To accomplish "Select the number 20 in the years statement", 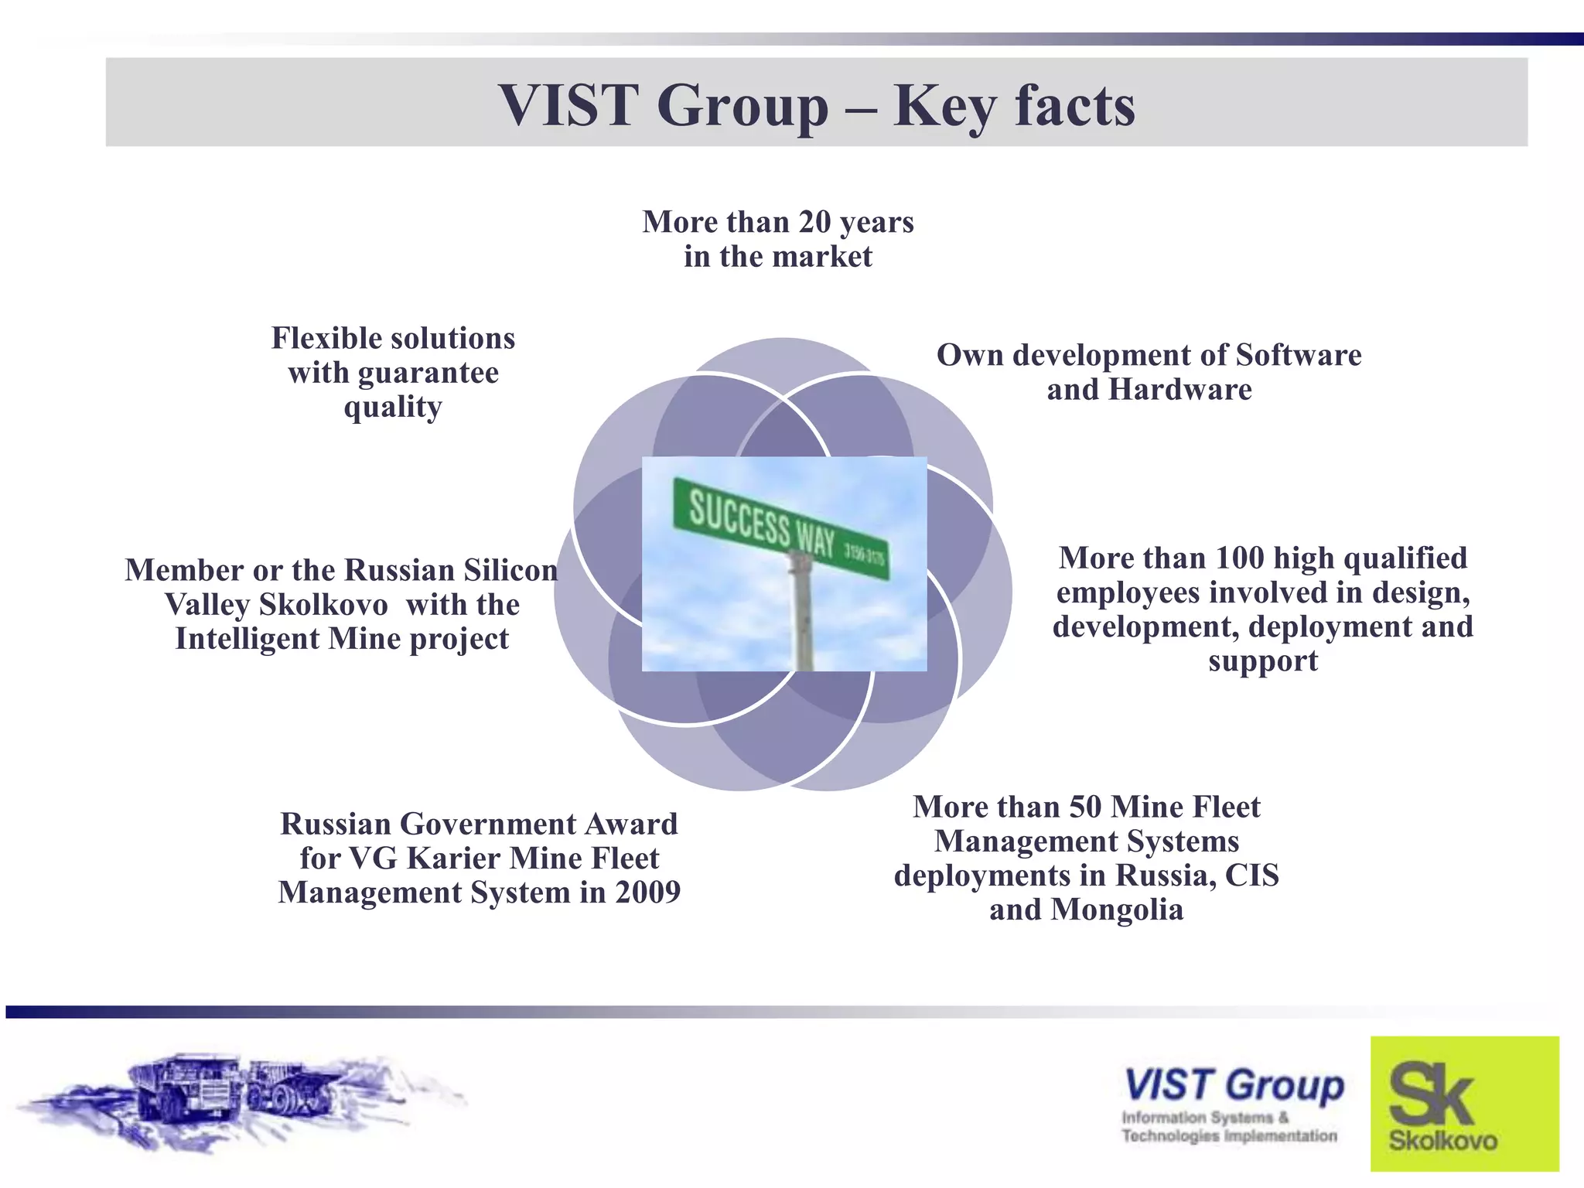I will tap(814, 222).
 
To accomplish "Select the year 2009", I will tap(647, 893).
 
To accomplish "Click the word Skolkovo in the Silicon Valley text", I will tap(323, 604).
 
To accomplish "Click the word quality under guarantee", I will tap(393, 407).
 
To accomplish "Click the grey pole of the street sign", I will tap(801, 619).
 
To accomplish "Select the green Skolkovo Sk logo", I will tap(1464, 1104).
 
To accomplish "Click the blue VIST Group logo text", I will tap(1234, 1084).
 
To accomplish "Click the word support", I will tap(1262, 661).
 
